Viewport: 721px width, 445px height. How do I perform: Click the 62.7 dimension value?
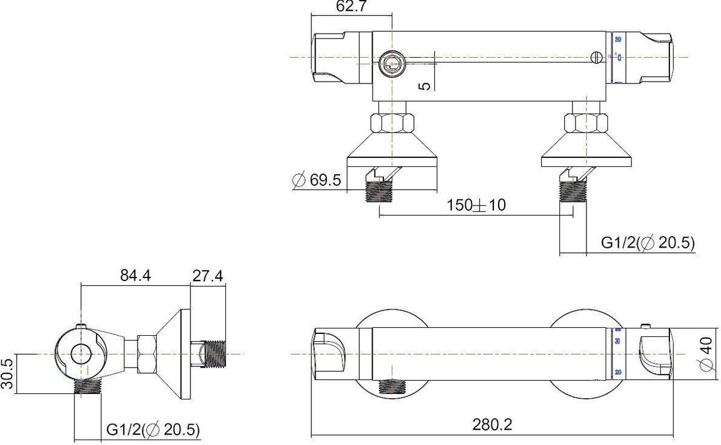click(353, 7)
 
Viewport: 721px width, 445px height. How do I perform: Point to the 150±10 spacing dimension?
click(476, 205)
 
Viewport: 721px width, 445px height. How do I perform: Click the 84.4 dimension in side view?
click(135, 276)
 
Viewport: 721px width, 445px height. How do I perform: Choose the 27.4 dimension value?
click(208, 276)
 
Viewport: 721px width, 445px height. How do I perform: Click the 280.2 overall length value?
click(493, 425)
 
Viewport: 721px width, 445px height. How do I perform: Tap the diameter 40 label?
click(708, 354)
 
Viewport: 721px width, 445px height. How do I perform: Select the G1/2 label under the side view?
click(153, 429)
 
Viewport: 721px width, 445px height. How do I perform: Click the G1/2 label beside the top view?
click(648, 243)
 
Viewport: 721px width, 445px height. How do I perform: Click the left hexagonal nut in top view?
click(392, 123)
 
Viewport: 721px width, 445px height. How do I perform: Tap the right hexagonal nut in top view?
click(586, 123)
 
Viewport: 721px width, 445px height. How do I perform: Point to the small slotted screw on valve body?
click(596, 58)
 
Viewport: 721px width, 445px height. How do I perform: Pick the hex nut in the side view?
click(147, 354)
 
